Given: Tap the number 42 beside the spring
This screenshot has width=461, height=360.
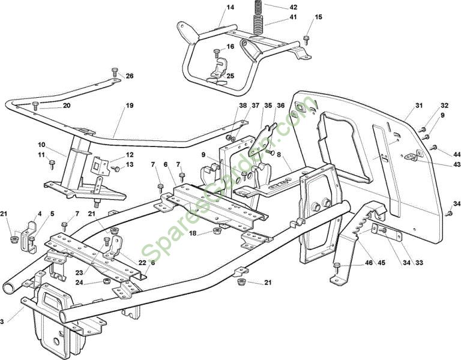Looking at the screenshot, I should [x=293, y=7].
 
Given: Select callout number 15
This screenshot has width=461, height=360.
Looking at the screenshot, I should [x=318, y=17].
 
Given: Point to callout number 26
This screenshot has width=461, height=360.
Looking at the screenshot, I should [x=130, y=76].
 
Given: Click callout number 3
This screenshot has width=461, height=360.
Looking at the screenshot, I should [x=2, y=322].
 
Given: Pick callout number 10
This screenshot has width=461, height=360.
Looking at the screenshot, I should [x=41, y=145].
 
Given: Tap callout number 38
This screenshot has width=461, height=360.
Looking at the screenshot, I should [x=243, y=105].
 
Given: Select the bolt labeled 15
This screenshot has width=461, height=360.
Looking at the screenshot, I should [x=306, y=40].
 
